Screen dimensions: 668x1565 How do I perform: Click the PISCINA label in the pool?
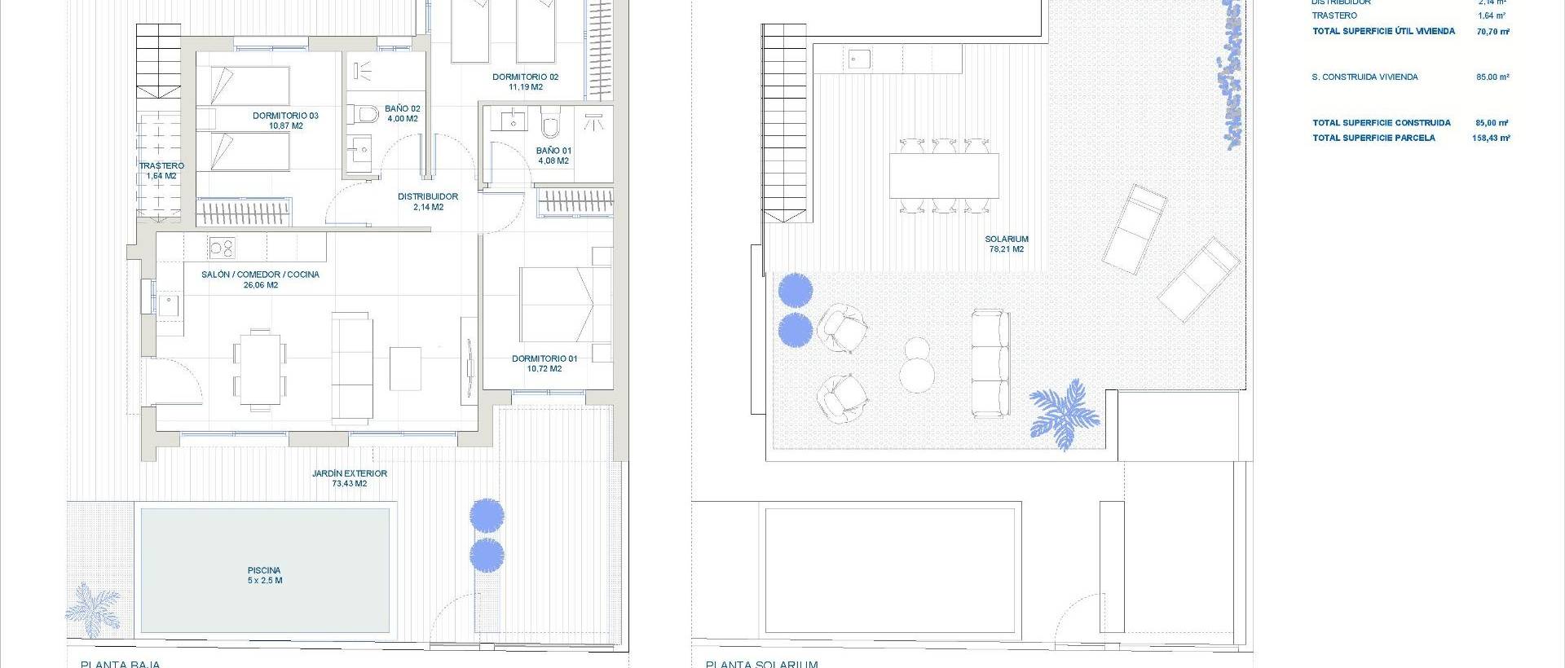point(264,575)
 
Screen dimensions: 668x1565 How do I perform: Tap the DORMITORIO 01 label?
point(544,363)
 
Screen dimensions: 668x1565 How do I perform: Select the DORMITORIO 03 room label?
point(285,121)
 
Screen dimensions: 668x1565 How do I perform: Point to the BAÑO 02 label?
point(402,113)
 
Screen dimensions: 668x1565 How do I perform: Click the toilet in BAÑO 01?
point(550,124)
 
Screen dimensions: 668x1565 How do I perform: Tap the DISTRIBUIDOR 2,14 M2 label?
point(427,201)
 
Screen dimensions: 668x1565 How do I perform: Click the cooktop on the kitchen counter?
point(221,247)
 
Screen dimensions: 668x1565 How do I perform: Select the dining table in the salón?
point(260,367)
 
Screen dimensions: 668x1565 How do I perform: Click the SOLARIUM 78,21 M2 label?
point(1007,244)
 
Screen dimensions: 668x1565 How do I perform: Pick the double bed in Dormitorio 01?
point(566,304)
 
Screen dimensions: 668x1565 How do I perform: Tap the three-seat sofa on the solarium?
point(990,363)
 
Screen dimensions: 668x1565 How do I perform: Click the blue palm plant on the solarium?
point(1064,414)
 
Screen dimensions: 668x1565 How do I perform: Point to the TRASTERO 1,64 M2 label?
point(161,170)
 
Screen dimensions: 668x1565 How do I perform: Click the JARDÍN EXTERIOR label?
point(349,478)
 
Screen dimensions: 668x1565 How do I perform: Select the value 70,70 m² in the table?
point(1492,32)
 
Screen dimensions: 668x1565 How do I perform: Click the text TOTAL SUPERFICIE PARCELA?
point(1373,138)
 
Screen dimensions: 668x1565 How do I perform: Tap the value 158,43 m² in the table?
point(1491,138)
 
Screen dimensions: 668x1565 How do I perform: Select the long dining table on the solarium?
point(944,175)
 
